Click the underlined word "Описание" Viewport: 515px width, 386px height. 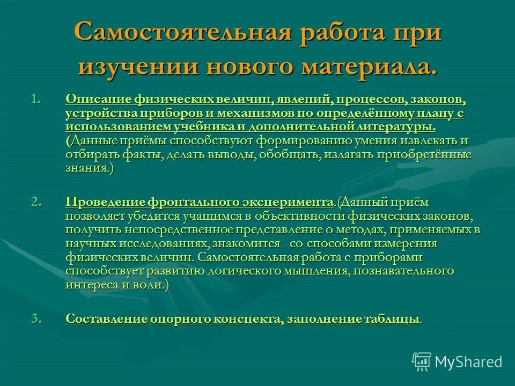pyautogui.click(x=97, y=100)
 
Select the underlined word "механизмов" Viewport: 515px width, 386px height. pyautogui.click(x=254, y=114)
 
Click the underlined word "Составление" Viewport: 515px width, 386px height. pyautogui.click(x=106, y=318)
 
